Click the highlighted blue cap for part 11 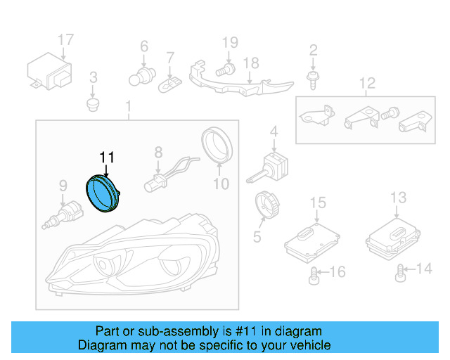(x=103, y=193)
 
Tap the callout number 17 (x=65, y=40)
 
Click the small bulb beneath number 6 (x=144, y=72)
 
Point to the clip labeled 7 (x=169, y=83)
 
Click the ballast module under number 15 (x=308, y=240)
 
